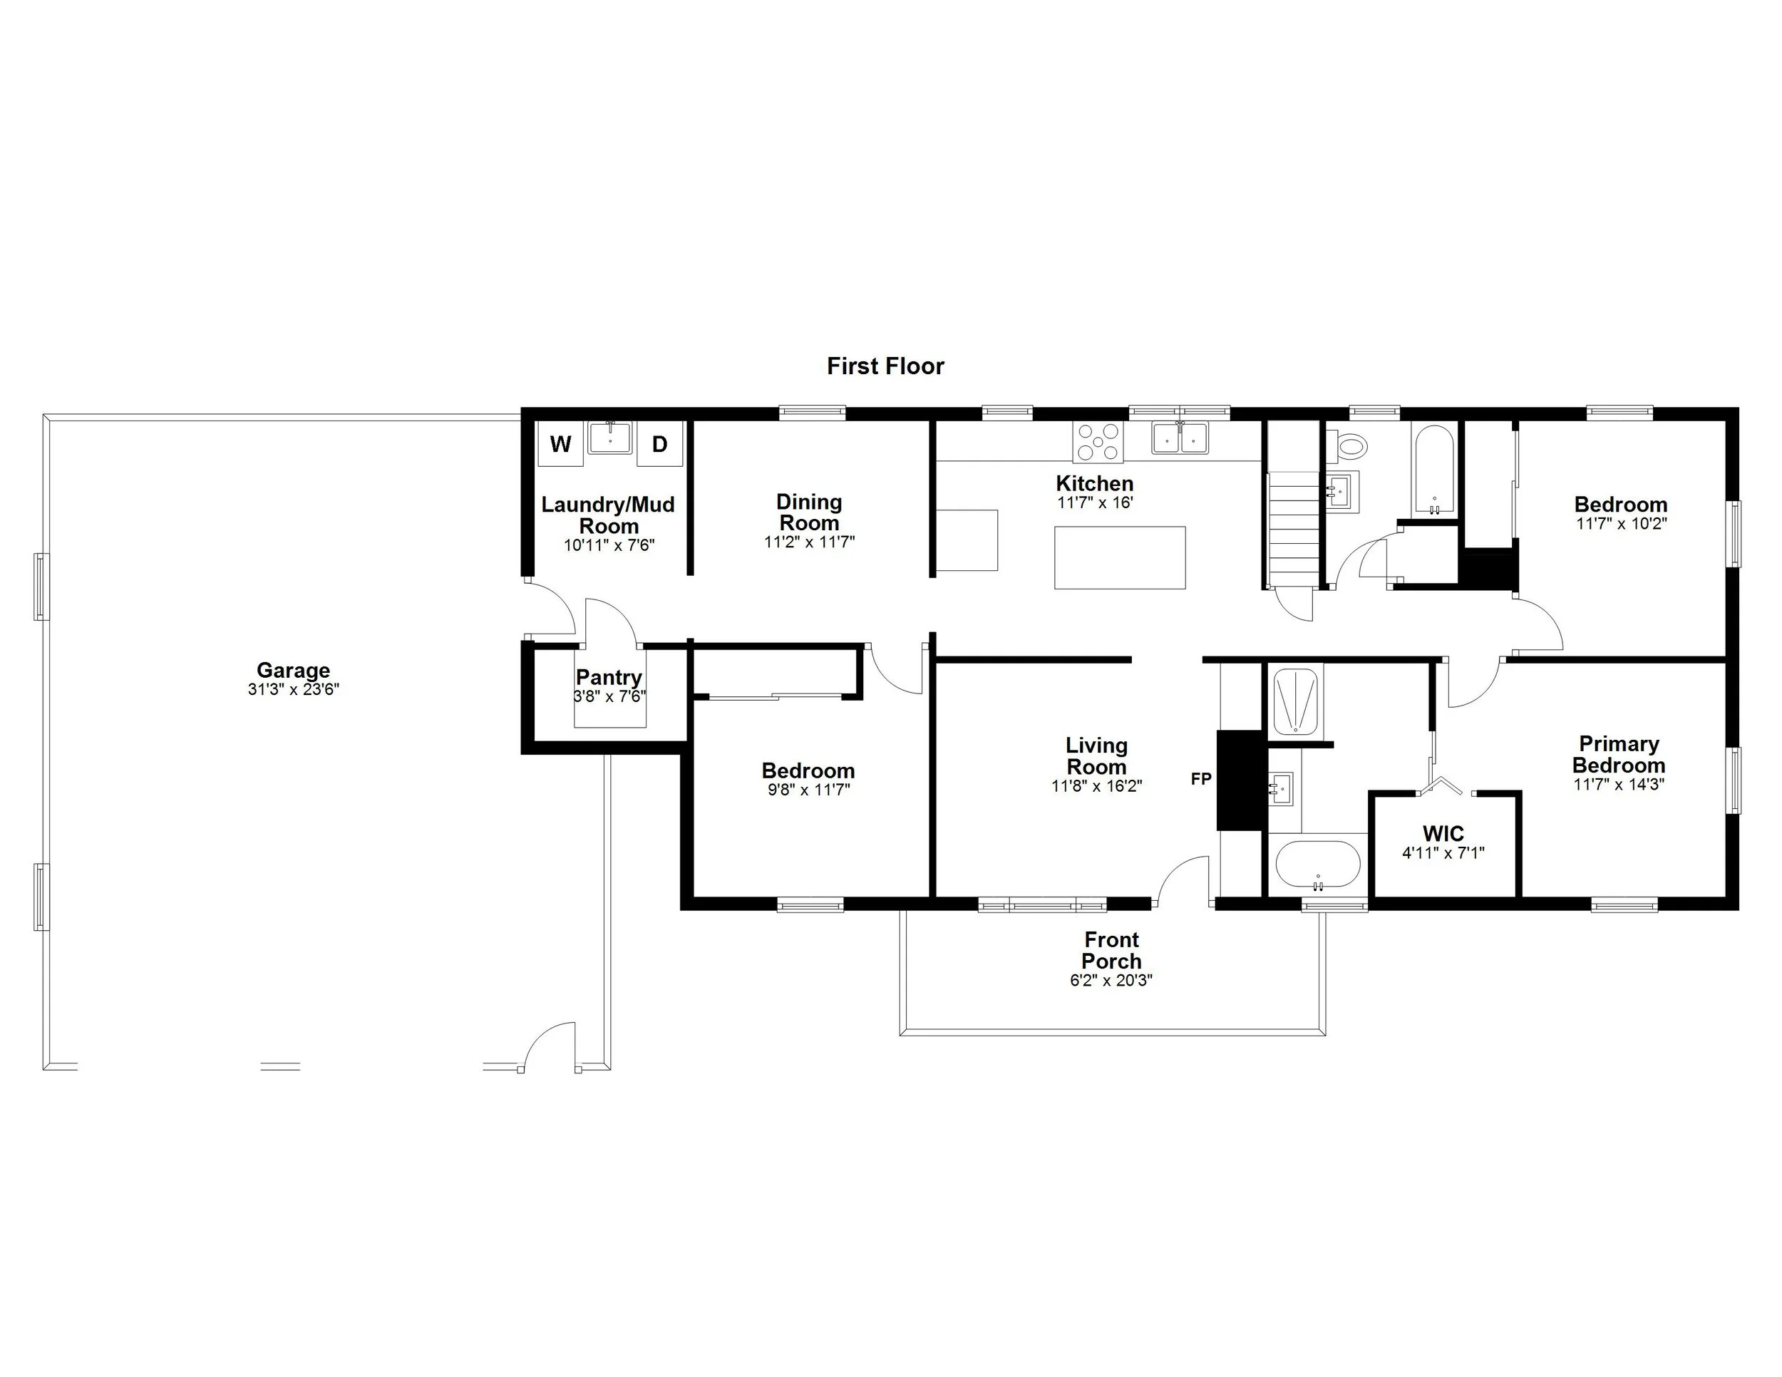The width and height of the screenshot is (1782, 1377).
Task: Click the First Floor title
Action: point(885,366)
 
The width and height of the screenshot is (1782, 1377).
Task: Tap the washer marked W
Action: point(560,444)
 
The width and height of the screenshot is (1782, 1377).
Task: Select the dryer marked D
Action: point(659,444)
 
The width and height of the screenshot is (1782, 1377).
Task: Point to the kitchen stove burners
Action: point(1098,442)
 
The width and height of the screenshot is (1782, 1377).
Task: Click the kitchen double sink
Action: point(1180,439)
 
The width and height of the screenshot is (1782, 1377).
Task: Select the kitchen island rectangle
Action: point(1120,557)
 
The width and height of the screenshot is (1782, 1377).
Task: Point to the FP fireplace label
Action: point(1201,779)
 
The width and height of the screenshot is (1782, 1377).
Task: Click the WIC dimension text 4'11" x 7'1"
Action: point(1443,853)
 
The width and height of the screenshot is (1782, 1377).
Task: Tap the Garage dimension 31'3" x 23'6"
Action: point(293,689)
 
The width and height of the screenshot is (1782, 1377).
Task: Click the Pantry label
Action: point(609,677)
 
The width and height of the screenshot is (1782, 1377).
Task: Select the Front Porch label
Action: point(1111,950)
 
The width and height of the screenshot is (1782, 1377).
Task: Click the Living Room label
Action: point(1096,755)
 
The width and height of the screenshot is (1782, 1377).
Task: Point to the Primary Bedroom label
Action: point(1619,755)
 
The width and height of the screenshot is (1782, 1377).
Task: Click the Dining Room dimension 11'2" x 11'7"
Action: point(808,542)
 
